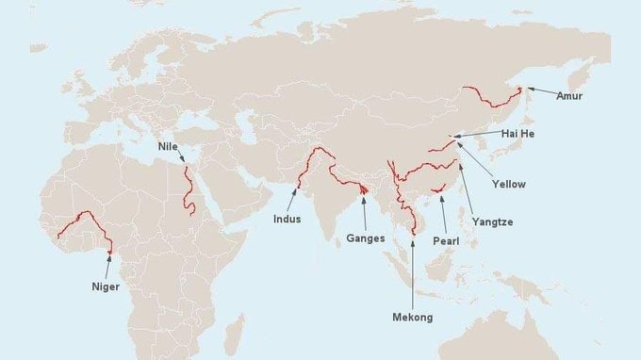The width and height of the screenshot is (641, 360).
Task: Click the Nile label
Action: (168, 147)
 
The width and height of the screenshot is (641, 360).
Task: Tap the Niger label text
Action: (106, 286)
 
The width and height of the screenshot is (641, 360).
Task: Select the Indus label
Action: (287, 219)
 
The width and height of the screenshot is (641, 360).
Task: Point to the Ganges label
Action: (366, 238)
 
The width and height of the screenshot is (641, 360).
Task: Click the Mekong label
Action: (412, 318)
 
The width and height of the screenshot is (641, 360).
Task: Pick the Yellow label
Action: (509, 184)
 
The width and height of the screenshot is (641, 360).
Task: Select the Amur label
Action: (569, 95)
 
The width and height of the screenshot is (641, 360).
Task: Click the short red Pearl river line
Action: (436, 190)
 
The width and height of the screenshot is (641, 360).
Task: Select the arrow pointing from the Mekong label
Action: (412, 273)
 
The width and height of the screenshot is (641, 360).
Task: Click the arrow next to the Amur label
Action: (540, 90)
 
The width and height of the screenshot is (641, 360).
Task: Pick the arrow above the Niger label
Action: (108, 265)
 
